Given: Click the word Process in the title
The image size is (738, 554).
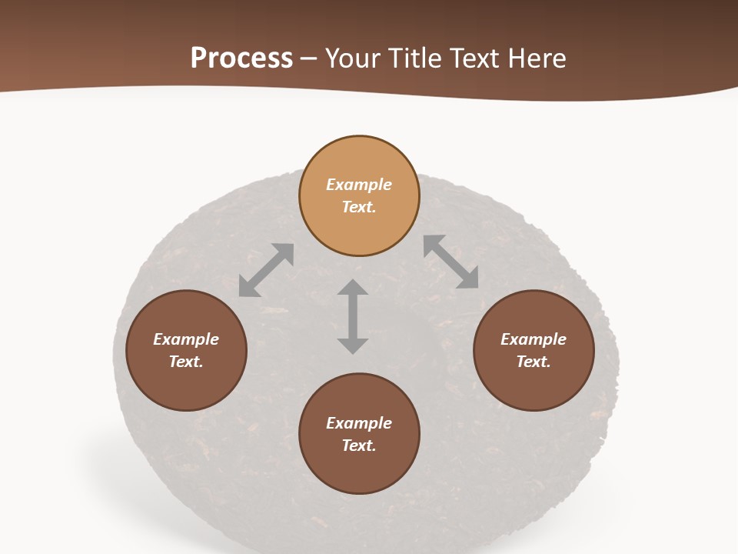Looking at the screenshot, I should [241, 58].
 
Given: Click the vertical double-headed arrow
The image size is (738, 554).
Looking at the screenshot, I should [353, 316].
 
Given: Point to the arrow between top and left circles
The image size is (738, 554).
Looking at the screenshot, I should [267, 269].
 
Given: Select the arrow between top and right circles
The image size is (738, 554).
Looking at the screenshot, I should [451, 262].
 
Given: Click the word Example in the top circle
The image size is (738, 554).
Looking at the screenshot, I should [359, 185].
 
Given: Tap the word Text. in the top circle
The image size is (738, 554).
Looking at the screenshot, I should [359, 207].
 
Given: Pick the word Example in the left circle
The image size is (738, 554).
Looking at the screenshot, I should [186, 339].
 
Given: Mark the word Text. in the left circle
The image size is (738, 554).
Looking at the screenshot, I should [186, 362].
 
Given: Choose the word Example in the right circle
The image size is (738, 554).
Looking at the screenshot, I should [534, 339].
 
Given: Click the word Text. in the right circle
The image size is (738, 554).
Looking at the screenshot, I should [534, 362].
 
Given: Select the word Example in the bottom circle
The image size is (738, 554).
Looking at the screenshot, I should [359, 423].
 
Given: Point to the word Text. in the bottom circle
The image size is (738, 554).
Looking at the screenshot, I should [359, 446].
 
